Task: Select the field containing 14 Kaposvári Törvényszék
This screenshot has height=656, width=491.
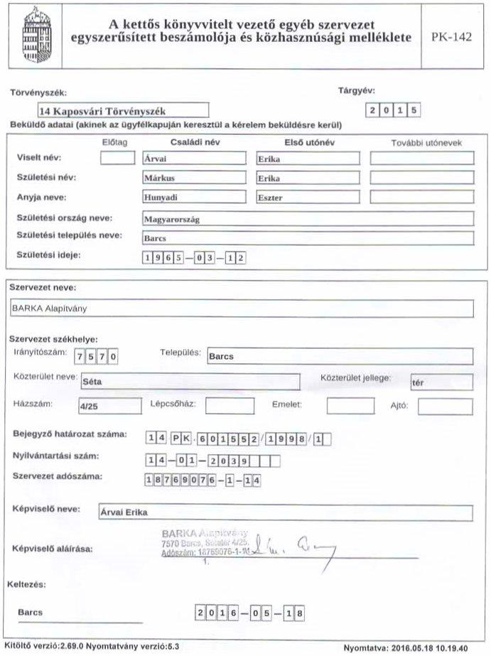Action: pyautogui.click(x=124, y=110)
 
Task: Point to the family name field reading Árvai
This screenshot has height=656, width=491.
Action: pyautogui.click(x=193, y=158)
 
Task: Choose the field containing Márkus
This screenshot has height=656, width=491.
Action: pyautogui.click(x=193, y=178)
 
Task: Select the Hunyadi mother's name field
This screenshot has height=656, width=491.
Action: pyautogui.click(x=193, y=197)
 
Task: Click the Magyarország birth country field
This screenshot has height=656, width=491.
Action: pyautogui.click(x=306, y=219)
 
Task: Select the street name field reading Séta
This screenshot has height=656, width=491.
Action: pyautogui.click(x=189, y=382)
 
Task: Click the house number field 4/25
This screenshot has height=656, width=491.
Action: pyautogui.click(x=110, y=407)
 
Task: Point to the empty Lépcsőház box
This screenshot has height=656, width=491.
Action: pyautogui.click(x=230, y=407)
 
